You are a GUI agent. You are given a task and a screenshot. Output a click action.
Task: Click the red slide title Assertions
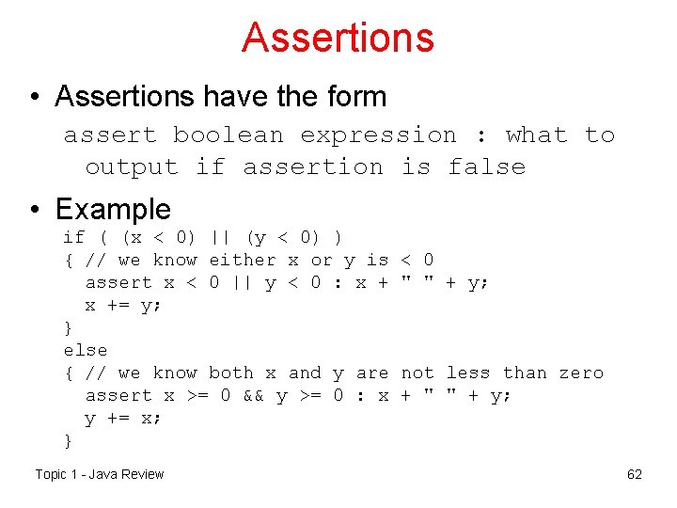338,38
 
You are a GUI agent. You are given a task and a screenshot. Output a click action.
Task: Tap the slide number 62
635,474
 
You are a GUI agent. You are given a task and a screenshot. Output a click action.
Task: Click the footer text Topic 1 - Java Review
99,474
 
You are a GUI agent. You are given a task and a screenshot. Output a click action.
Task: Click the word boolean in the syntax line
228,135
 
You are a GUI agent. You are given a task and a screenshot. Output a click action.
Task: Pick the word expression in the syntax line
378,135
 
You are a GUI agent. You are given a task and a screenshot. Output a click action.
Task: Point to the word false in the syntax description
486,167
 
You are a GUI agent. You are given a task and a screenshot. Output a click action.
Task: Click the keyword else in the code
86,350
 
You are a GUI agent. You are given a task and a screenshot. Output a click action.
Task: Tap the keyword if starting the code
73,237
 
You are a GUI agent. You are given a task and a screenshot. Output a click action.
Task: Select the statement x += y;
122,305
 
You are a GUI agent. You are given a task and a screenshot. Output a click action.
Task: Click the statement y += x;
122,418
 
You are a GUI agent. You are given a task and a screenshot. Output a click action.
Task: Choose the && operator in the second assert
254,395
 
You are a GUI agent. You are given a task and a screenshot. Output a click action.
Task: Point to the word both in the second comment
231,373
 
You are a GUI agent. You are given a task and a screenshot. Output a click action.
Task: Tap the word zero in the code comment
581,373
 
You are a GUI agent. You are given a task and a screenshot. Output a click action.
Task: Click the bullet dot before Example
34,210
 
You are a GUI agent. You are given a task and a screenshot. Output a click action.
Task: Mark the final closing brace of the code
68,440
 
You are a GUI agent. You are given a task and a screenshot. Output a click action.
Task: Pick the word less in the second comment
468,373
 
